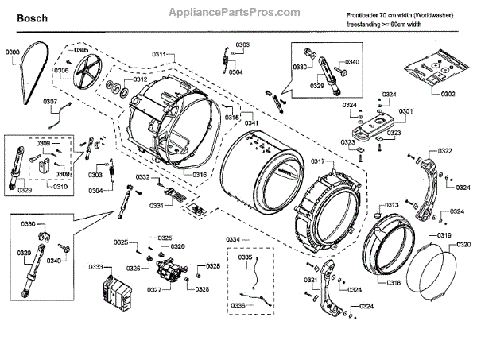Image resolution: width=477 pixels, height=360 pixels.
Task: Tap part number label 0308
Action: point(13,52)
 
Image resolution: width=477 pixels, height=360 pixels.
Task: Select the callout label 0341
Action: point(250,123)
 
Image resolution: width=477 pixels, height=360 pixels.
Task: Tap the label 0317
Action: point(318,161)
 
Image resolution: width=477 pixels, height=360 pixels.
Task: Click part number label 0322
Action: point(445,152)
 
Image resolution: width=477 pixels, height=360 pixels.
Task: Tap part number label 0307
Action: point(50,101)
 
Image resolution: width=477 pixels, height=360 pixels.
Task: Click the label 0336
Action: point(236,305)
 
